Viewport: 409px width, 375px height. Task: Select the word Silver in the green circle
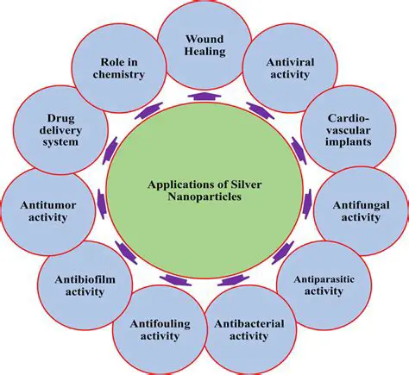(x=250, y=182)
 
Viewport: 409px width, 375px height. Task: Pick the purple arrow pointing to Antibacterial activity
(x=230, y=278)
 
